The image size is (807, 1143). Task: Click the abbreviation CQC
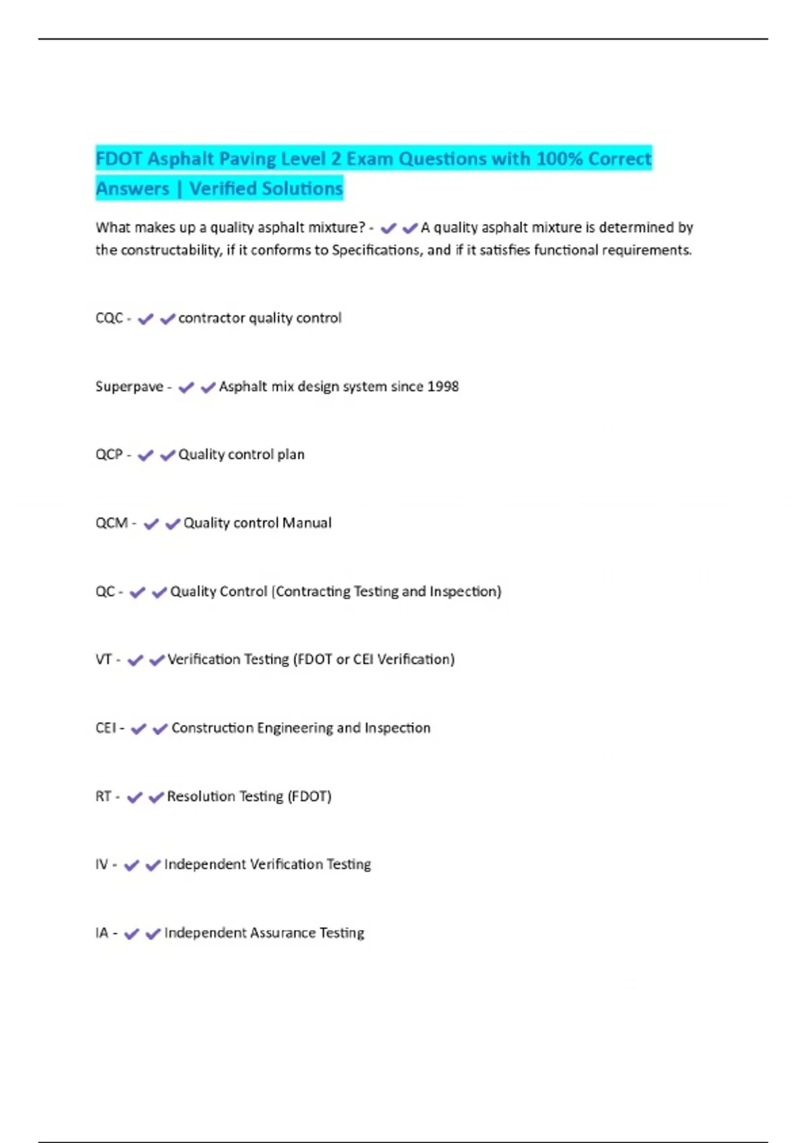(109, 318)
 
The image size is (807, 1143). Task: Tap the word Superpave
(129, 387)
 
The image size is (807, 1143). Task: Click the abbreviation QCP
(109, 455)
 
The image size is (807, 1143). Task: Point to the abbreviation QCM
(112, 523)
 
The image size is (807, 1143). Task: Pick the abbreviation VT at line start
(104, 660)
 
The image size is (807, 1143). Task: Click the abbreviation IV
(102, 865)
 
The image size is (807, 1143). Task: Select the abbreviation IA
(102, 933)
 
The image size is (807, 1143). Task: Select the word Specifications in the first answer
(377, 250)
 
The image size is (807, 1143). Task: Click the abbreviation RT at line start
(103, 797)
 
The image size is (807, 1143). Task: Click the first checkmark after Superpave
(186, 387)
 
